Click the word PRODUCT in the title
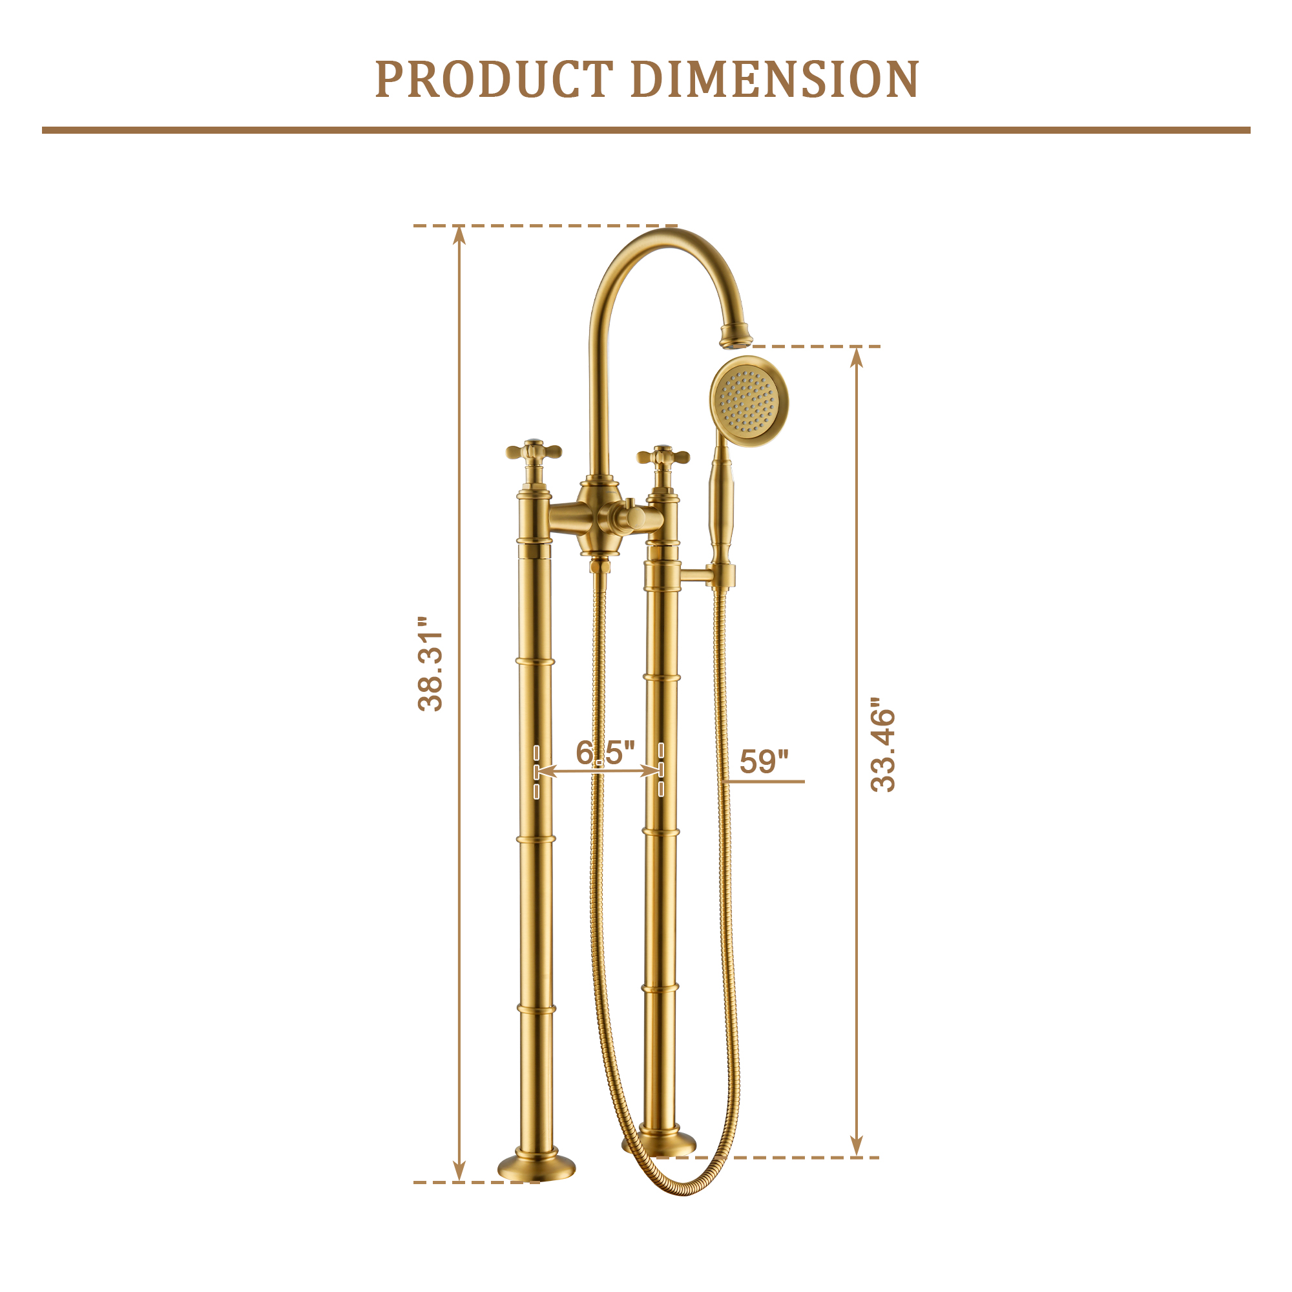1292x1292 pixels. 494,79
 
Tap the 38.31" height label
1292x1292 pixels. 430,664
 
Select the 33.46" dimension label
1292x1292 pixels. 882,745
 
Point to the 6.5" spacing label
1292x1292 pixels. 605,753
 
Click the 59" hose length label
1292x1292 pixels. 764,762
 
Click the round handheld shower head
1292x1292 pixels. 749,401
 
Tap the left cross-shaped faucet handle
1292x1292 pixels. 534,452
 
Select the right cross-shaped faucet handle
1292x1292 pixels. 663,457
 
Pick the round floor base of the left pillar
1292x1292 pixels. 536,1167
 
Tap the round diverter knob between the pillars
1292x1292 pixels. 633,517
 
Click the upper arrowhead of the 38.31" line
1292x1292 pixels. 459,235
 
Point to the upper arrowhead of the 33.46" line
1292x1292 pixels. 857,357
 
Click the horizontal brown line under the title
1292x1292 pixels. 646,130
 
